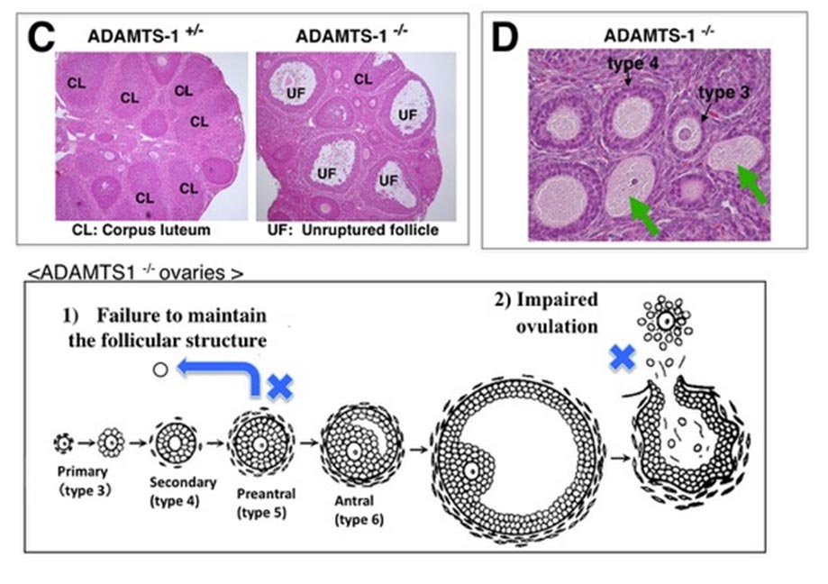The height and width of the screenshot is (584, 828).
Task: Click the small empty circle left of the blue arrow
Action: point(159,370)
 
